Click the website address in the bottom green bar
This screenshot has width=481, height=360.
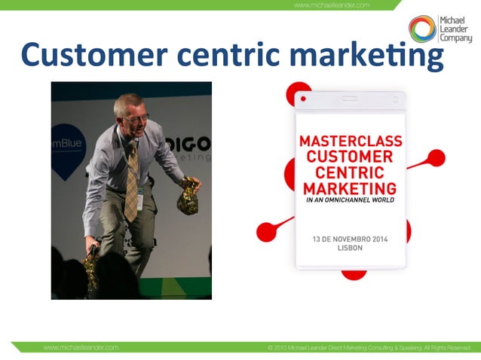(x=81, y=348)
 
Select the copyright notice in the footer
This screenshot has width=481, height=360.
(x=369, y=348)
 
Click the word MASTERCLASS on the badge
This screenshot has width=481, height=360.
(x=351, y=142)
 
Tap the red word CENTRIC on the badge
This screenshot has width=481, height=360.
(x=351, y=172)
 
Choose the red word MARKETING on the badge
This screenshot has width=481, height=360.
(x=351, y=188)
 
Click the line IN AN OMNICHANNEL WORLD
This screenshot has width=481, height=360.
(x=351, y=202)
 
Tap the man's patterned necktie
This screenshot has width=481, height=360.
(x=133, y=181)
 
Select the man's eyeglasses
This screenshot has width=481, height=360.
(x=136, y=119)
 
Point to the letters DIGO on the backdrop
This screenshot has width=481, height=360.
(x=193, y=143)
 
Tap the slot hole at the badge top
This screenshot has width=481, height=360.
(x=350, y=98)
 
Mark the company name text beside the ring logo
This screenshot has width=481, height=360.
(x=455, y=29)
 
